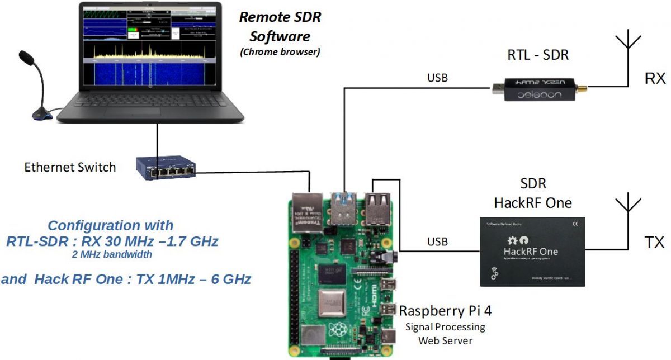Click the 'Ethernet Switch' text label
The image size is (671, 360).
pos(70,167)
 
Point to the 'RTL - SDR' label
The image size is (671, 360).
pos(537,55)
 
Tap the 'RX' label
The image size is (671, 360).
pos(655,78)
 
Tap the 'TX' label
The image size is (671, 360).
pos(654,242)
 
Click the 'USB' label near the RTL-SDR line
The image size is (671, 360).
pos(437,78)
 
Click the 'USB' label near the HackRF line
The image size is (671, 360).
pos(437,241)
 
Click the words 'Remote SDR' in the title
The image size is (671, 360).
pos(280,17)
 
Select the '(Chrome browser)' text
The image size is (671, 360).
pos(280,53)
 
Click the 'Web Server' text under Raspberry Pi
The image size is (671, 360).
pos(445,340)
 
